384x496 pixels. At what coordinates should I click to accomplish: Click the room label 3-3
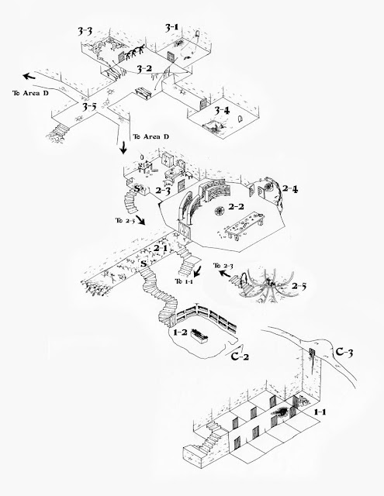click(85, 31)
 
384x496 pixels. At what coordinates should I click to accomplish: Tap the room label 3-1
click(171, 28)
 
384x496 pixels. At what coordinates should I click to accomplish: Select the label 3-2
click(144, 68)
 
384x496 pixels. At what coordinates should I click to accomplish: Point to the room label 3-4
click(222, 110)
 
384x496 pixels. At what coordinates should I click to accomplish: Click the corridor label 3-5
click(89, 107)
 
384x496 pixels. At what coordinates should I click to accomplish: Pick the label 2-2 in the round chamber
click(236, 207)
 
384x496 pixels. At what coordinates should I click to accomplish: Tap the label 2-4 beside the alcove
click(290, 189)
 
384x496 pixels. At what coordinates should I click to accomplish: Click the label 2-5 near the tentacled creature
click(299, 286)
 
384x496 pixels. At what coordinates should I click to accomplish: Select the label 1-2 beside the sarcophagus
click(181, 332)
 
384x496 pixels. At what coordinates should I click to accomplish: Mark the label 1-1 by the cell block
click(320, 412)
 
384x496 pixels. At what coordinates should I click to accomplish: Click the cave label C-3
click(344, 352)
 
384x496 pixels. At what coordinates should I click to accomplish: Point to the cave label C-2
click(240, 356)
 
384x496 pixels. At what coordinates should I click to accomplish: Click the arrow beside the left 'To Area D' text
click(29, 77)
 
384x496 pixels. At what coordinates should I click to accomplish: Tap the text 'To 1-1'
click(184, 281)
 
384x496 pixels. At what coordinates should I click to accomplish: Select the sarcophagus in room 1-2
click(199, 336)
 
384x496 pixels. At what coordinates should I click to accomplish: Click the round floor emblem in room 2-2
click(220, 210)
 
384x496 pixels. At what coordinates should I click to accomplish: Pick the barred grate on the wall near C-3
click(312, 353)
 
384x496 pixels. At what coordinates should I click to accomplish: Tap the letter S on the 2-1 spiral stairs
click(144, 263)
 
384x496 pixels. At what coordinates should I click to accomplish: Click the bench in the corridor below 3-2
click(144, 94)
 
